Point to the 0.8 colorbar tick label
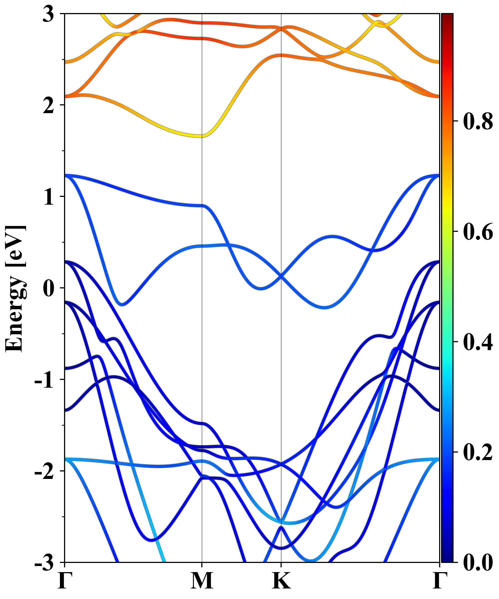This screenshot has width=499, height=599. (x=478, y=121)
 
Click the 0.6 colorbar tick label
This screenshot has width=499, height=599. (x=478, y=232)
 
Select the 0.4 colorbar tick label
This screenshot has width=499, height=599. (x=478, y=342)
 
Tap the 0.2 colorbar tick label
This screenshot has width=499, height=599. (x=478, y=452)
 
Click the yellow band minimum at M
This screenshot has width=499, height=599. (x=202, y=136)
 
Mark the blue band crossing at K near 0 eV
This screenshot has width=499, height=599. (x=281, y=276)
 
